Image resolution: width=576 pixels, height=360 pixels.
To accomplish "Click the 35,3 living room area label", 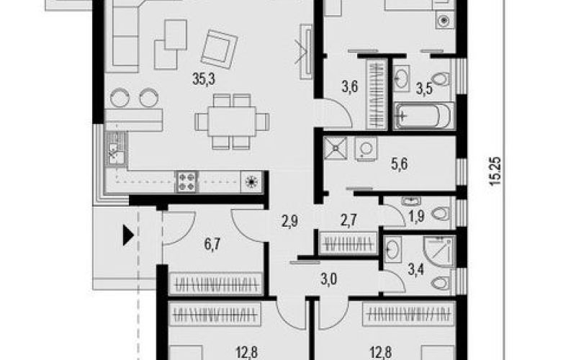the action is [x=204, y=79].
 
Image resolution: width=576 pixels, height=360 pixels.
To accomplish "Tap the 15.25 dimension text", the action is [x=495, y=171].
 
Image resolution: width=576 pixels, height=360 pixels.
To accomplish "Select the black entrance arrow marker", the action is [x=128, y=235].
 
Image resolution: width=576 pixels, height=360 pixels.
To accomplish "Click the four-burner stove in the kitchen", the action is [x=186, y=181].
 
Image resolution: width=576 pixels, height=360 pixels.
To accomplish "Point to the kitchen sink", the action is [x=117, y=149].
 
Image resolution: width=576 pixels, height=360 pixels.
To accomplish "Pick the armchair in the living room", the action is [x=219, y=49].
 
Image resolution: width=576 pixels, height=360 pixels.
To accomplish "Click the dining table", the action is [x=231, y=121].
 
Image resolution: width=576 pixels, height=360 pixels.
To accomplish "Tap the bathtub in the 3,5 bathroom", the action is [x=423, y=116].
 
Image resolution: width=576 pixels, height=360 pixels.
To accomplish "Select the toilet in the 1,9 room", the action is [x=441, y=213].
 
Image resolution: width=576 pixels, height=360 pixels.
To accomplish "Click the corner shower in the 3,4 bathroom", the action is [x=439, y=251].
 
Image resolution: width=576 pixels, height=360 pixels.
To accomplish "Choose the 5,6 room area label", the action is [x=400, y=164].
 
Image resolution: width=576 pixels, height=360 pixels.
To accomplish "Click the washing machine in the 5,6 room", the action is [x=366, y=149].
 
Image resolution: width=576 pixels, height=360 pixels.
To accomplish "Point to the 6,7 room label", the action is [x=212, y=244].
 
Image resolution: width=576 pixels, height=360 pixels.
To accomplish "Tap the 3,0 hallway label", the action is [x=328, y=279].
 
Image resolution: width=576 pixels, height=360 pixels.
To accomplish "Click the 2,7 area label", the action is [x=348, y=221].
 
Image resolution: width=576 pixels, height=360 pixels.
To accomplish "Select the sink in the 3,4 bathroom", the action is [x=392, y=249].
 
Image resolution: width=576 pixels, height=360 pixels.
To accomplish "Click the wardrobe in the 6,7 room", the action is [x=216, y=284].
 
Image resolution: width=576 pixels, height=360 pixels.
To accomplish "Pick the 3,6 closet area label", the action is [x=350, y=87].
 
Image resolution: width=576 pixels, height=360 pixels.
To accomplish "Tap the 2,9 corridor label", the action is [x=290, y=222].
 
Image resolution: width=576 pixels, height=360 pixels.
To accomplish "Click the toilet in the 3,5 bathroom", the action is [x=441, y=79].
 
